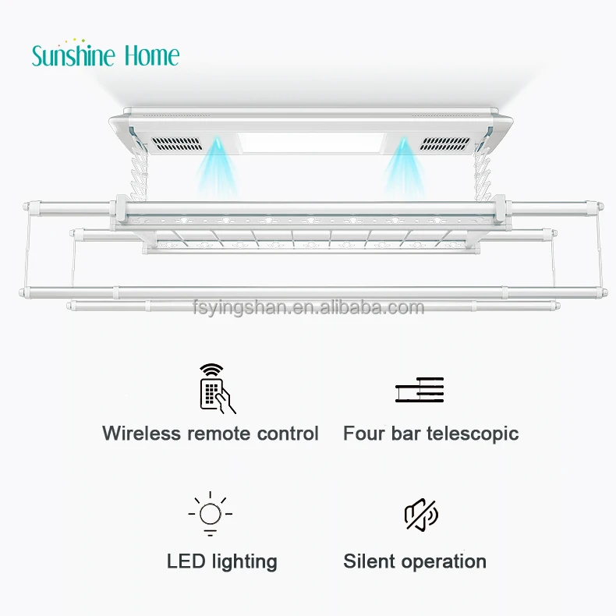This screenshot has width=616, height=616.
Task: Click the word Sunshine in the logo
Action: pyautogui.click(x=74, y=55)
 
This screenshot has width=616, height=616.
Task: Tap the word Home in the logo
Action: pyautogui.click(x=150, y=55)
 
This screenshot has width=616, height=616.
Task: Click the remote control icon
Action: pyautogui.click(x=217, y=388)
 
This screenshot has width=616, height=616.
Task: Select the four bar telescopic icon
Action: pyautogui.click(x=419, y=389)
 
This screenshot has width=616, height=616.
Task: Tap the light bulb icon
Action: pyautogui.click(x=210, y=515)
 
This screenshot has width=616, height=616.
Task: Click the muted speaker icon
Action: pyautogui.click(x=421, y=515)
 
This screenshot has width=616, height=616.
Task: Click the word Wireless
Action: pyautogui.click(x=141, y=434)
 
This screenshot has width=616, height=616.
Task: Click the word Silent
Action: pyautogui.click(x=367, y=561)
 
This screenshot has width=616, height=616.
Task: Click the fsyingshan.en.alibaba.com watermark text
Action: pyautogui.click(x=308, y=307)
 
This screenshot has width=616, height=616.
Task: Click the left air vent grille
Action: pyautogui.click(x=179, y=145)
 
